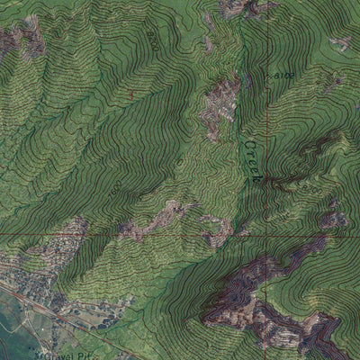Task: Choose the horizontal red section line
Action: coord(135,236)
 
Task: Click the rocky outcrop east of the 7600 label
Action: coord(162,216)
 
